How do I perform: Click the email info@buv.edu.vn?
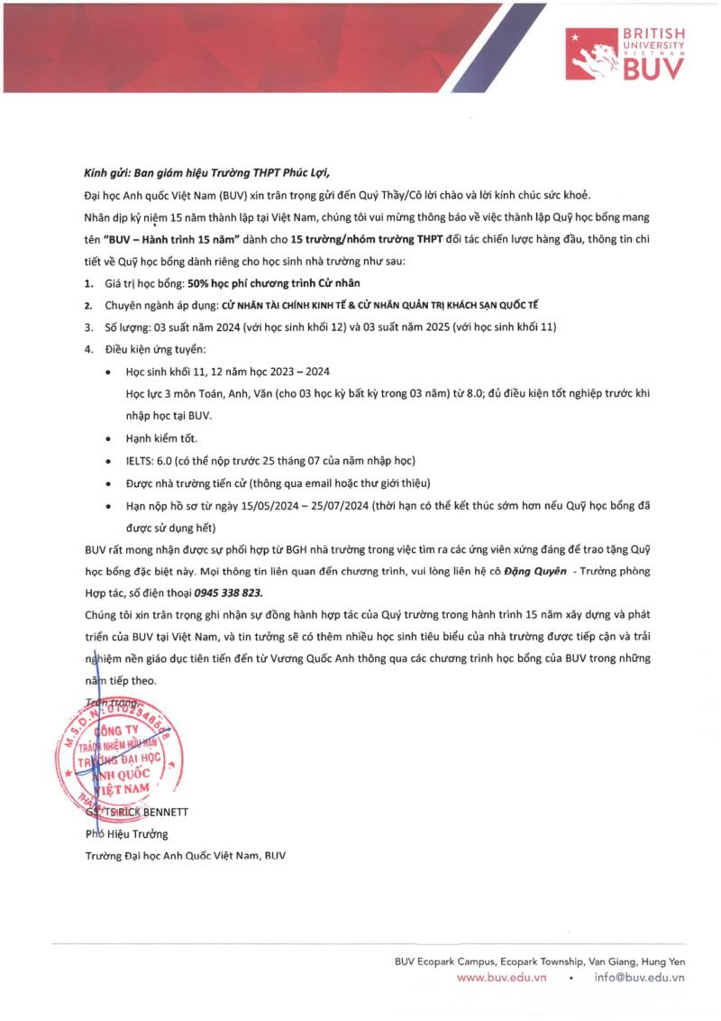click(x=640, y=977)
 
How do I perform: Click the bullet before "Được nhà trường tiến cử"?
click(x=109, y=483)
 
